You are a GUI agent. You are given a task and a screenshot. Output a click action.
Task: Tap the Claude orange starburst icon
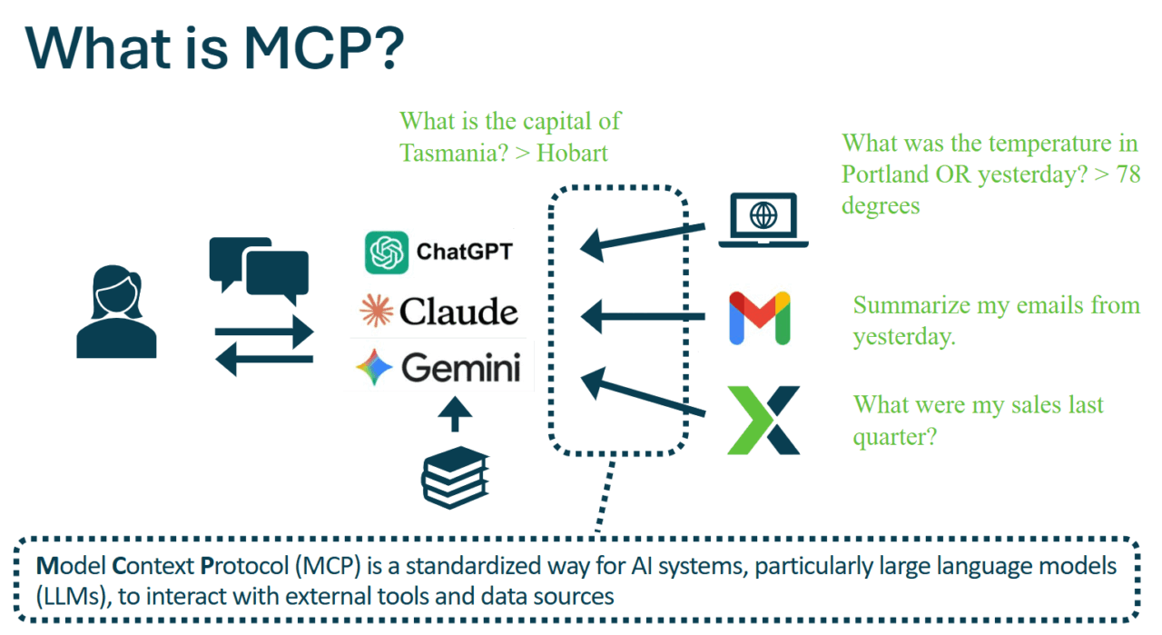click(x=376, y=311)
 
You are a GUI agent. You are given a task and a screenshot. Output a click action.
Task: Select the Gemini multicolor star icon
click(x=374, y=368)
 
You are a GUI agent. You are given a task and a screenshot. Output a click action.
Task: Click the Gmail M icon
click(x=760, y=318)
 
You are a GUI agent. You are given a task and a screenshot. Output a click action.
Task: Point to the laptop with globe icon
click(x=763, y=220)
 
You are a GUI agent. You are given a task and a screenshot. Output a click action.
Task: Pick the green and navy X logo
click(x=763, y=420)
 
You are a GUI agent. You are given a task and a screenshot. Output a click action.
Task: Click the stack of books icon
click(x=456, y=478)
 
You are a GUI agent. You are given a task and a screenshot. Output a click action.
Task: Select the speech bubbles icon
click(x=258, y=270)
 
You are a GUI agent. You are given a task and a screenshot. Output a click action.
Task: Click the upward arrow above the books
click(x=456, y=415)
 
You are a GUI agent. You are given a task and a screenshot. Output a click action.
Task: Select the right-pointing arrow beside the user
click(x=263, y=332)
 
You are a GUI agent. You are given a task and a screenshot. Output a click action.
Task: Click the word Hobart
click(x=572, y=152)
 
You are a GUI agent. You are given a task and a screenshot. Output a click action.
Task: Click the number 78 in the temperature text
click(x=1128, y=174)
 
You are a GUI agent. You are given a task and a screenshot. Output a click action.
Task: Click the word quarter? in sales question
click(x=895, y=436)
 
